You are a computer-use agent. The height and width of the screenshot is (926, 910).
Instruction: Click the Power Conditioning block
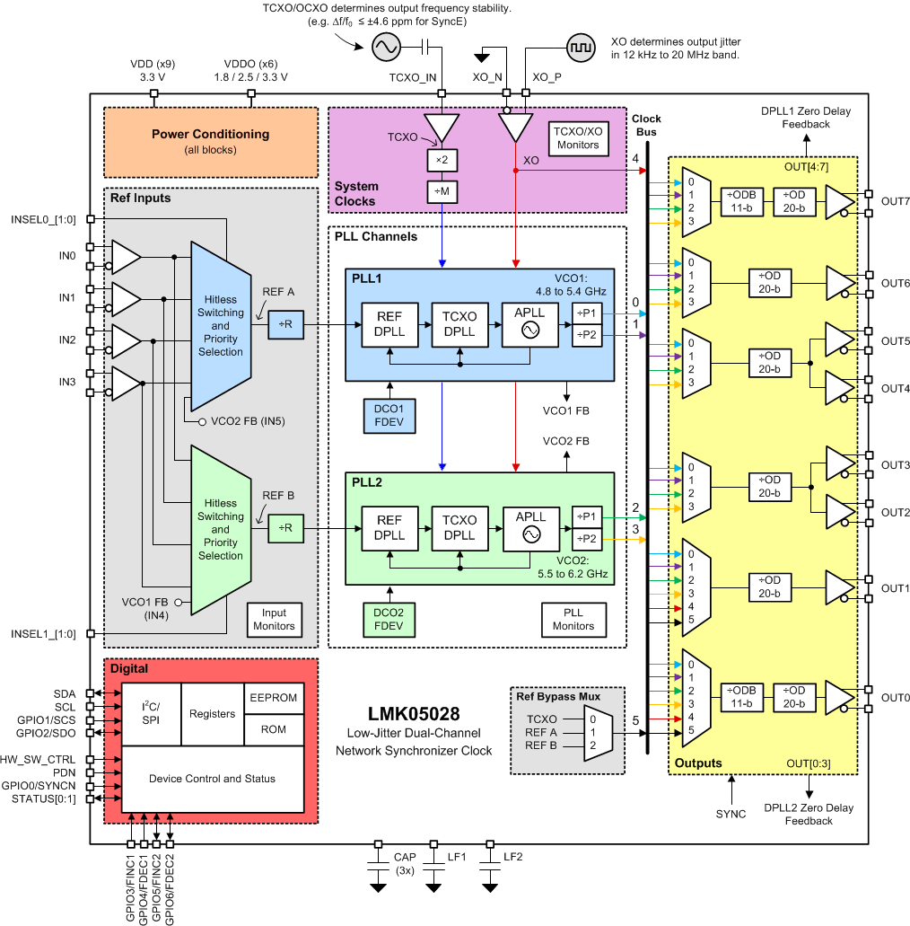(x=211, y=141)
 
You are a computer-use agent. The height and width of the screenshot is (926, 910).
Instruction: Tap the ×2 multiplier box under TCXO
(x=442, y=159)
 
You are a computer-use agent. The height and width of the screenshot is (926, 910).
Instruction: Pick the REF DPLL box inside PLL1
(x=389, y=323)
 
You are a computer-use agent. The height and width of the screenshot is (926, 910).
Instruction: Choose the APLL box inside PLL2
(x=530, y=526)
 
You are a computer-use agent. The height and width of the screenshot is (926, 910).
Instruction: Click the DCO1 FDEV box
(x=389, y=413)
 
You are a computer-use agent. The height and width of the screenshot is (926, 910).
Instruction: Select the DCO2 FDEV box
(x=389, y=619)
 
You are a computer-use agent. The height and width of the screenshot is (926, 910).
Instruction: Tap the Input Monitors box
(x=274, y=620)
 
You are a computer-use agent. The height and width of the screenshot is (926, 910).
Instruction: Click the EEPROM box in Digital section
(x=273, y=698)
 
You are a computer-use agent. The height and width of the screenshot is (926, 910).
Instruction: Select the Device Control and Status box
(x=212, y=778)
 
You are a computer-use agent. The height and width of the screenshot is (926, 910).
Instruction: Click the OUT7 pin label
(x=895, y=202)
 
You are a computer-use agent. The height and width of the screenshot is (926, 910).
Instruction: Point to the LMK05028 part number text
(x=414, y=715)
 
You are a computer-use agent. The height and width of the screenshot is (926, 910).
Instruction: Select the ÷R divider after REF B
(x=286, y=528)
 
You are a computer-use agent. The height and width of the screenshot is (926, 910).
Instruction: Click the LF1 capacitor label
(x=458, y=857)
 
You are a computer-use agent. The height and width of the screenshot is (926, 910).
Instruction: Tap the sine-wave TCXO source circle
(x=387, y=45)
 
